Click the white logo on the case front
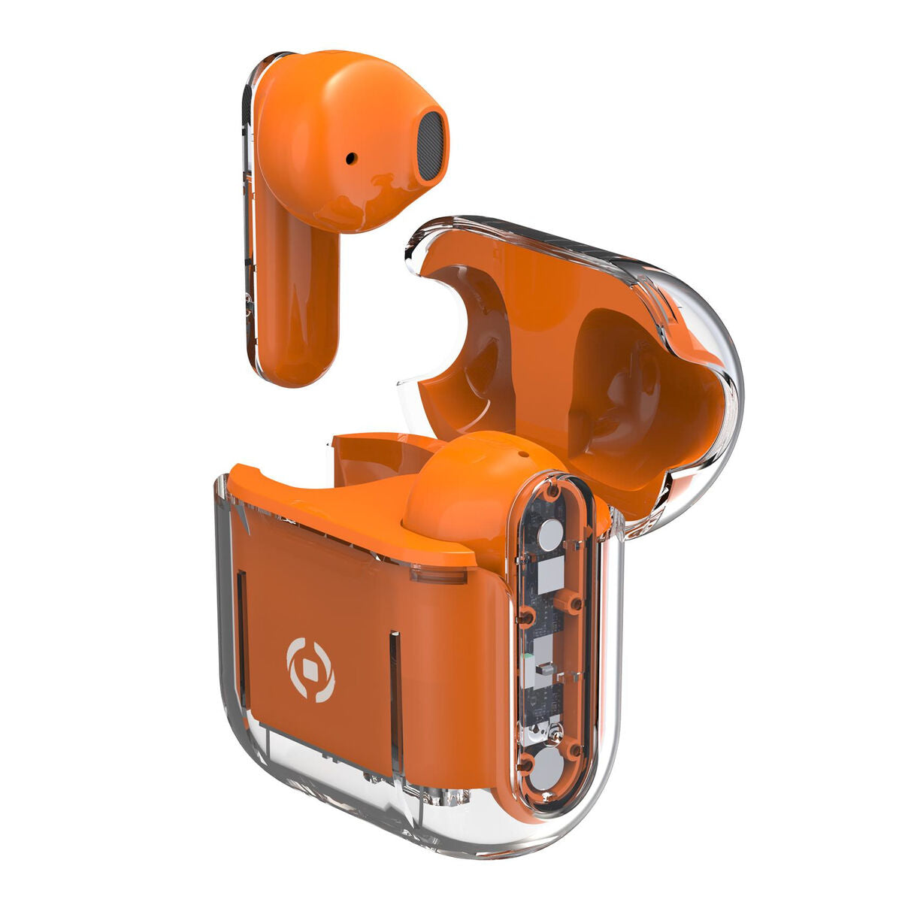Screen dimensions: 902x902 310,670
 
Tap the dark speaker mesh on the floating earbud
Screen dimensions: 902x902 430,146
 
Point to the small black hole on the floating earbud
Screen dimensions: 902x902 351,159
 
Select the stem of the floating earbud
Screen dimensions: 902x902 295,301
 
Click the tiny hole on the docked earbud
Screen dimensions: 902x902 519,455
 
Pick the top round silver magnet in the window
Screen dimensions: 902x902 550,536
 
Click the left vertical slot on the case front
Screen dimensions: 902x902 241,624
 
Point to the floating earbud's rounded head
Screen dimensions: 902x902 353,135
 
